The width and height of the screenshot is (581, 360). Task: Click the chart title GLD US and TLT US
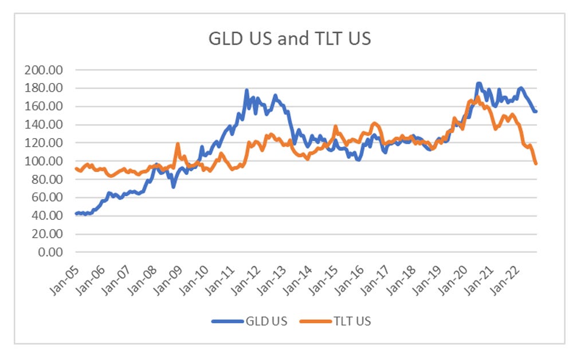(x=289, y=39)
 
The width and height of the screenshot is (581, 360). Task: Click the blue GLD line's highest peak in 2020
(x=478, y=84)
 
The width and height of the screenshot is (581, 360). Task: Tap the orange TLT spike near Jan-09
(x=178, y=144)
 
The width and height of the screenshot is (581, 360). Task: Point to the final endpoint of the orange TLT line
(x=536, y=164)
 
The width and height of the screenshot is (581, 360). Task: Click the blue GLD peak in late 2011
(x=246, y=91)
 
